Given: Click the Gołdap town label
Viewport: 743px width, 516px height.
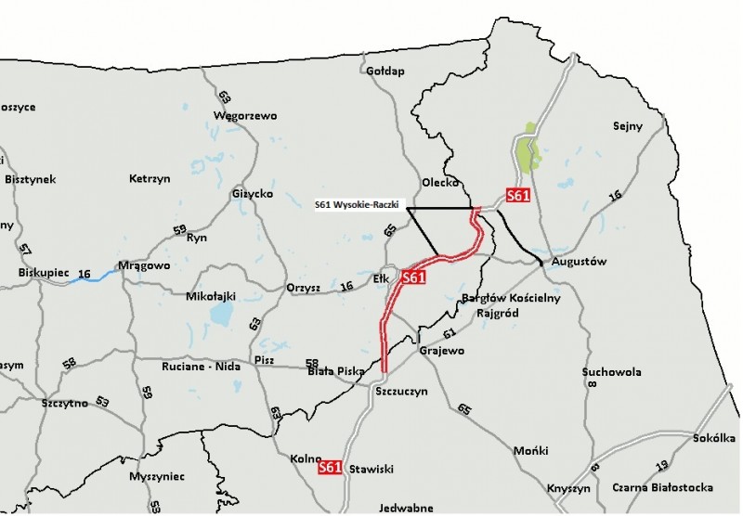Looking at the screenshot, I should [x=386, y=71].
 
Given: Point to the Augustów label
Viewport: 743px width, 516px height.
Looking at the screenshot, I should [x=579, y=262].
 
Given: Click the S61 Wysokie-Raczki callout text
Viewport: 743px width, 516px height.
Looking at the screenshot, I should [x=358, y=208].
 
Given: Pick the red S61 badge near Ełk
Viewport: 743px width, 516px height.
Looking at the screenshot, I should [x=413, y=277].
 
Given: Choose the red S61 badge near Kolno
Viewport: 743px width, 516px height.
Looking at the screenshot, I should [x=330, y=469].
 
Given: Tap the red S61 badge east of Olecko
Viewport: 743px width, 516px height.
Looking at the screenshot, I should [x=517, y=196].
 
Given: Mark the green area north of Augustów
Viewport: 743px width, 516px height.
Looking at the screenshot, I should [x=528, y=151].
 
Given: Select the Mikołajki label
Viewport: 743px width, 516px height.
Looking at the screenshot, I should [x=211, y=297].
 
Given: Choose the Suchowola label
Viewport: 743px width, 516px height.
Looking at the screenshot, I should [x=611, y=372].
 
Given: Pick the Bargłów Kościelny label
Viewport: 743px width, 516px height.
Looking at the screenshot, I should [x=510, y=299].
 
